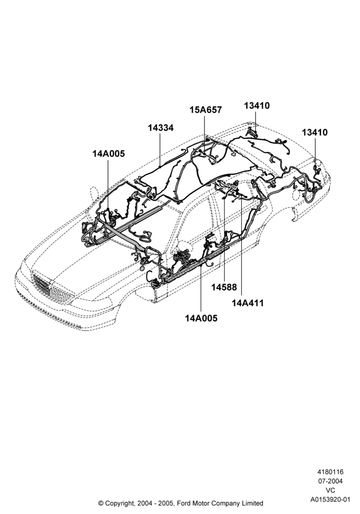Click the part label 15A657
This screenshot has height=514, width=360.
pyautogui.click(x=206, y=110)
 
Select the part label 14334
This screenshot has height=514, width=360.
pyautogui.click(x=160, y=128)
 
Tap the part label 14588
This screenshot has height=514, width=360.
pyautogui.click(x=224, y=287)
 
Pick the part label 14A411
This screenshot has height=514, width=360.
pyautogui.click(x=248, y=303)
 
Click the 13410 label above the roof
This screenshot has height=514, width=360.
pyautogui.click(x=257, y=105)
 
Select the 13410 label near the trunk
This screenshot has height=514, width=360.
pyautogui.click(x=315, y=133)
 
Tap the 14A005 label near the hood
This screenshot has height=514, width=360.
pyautogui.click(x=109, y=153)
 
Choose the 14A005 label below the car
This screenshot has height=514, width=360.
pyautogui.click(x=201, y=318)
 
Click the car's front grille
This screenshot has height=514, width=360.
pyautogui.click(x=52, y=287)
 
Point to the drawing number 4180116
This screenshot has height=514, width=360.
pyautogui.click(x=330, y=472)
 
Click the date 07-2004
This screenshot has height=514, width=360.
pyautogui.click(x=330, y=481)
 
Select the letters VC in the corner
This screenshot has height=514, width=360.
pyautogui.click(x=331, y=490)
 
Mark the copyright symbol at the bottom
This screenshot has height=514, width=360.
pyautogui.click(x=101, y=503)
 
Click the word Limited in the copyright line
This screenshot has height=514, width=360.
pyautogui.click(x=253, y=503)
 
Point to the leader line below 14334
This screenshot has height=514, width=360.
pyautogui.click(x=160, y=150)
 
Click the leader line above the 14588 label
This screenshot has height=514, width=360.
pyautogui.click(x=224, y=240)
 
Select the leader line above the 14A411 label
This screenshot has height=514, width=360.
pyautogui.click(x=241, y=248)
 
